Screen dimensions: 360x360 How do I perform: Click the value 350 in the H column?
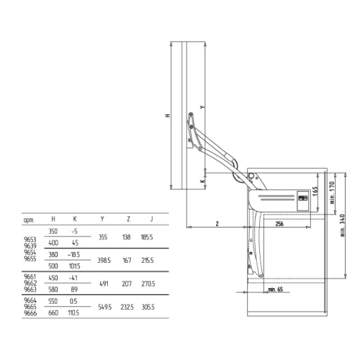pyautogui.click(x=53, y=231)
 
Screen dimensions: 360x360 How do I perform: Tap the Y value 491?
pyautogui.click(x=104, y=284)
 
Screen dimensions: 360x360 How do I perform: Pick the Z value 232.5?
pyautogui.click(x=129, y=307)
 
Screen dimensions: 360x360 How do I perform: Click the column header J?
pyautogui.click(x=151, y=220)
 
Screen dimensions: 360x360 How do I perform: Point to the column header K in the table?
pyautogui.click(x=75, y=220)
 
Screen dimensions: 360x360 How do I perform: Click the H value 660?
pyautogui.click(x=53, y=313)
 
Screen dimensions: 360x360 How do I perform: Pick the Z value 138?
pyautogui.click(x=127, y=236)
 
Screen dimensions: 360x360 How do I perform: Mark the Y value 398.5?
pyautogui.click(x=104, y=259)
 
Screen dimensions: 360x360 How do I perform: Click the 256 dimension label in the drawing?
pyautogui.click(x=279, y=224)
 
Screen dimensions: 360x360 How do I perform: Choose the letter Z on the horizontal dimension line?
pyautogui.click(x=217, y=224)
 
